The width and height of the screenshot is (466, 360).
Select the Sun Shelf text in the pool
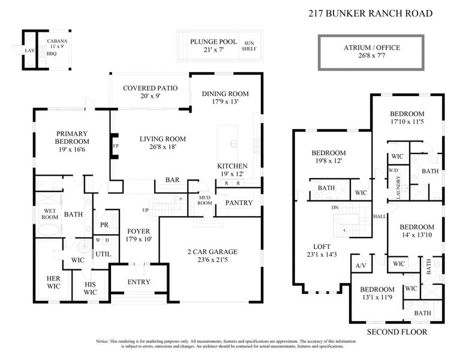coord(249,46)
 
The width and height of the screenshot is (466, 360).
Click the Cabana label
coord(58,41)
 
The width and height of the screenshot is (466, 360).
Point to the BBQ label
coord(51,53)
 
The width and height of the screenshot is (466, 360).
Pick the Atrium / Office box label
coord(371,47)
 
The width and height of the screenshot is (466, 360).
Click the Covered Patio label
coord(150,88)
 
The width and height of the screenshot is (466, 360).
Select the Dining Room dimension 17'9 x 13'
coord(225,101)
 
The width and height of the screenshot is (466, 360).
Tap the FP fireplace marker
coord(115,146)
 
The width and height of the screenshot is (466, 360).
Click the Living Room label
coord(159,139)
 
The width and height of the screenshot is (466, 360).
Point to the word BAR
coord(173,180)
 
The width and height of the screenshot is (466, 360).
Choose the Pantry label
coord(239,203)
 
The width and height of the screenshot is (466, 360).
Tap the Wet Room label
coord(49,214)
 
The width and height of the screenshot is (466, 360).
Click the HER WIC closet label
coord(54,282)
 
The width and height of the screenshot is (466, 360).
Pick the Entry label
coord(139,283)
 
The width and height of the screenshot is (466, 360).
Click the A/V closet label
coord(361,265)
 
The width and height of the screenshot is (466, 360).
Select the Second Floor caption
coord(396,331)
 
